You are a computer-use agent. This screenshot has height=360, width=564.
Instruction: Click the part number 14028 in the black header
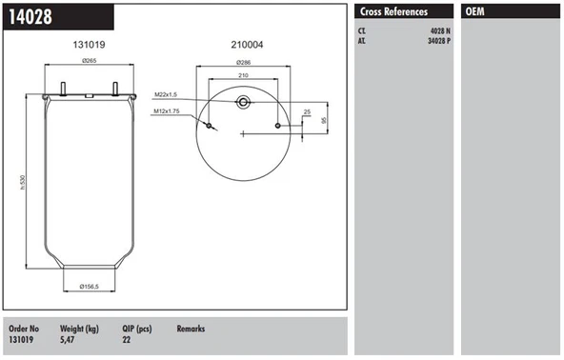[x=30, y=16]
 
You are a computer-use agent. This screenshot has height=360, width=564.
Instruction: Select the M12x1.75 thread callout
[x=170, y=111]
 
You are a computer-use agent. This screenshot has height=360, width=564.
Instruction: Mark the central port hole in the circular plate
[x=244, y=102]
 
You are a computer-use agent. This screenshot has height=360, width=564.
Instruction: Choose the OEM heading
[x=475, y=11]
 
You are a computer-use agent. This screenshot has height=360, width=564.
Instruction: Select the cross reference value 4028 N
[x=438, y=30]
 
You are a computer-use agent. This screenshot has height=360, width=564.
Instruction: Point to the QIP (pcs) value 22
[x=127, y=339]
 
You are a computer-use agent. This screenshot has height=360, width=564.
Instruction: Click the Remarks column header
[x=191, y=329]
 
